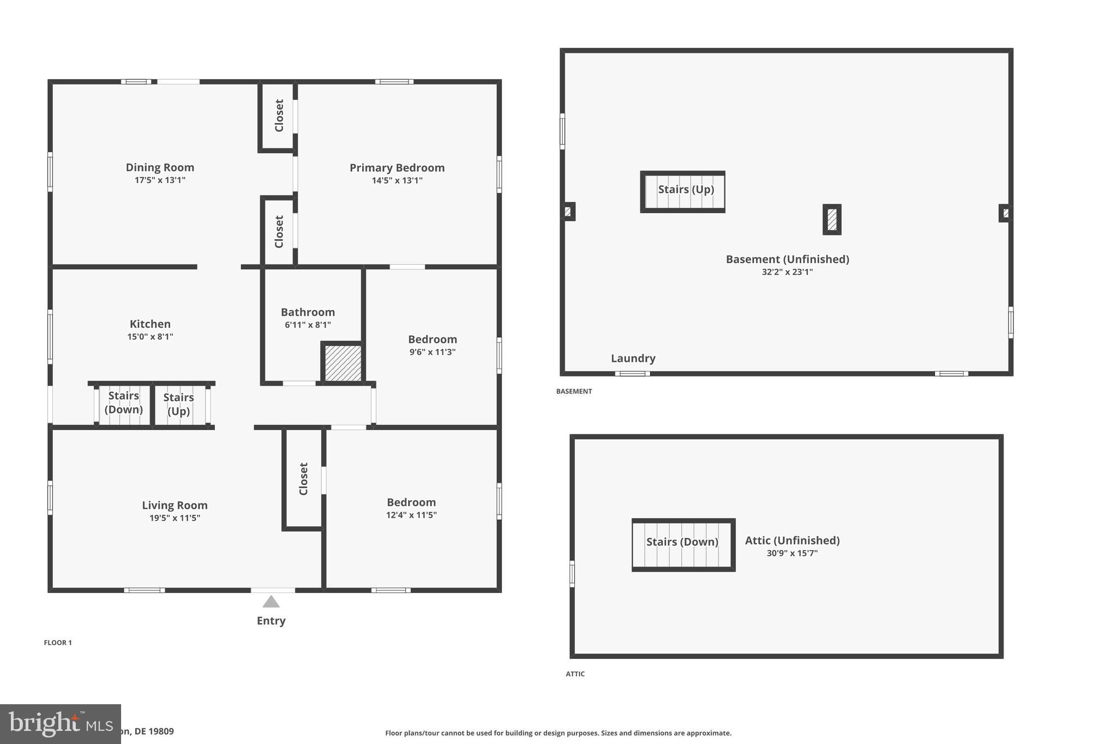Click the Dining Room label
(160, 167)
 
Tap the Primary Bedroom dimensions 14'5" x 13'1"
(397, 180)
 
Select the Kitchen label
(150, 324)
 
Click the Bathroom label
(308, 312)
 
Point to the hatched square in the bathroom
(343, 363)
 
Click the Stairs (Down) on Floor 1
(123, 403)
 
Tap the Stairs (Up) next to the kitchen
(179, 404)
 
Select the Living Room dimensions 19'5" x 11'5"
(175, 518)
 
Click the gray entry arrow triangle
(271, 602)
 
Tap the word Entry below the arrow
(271, 620)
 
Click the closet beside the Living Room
(303, 479)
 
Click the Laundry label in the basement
(633, 358)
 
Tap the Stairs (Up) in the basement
(685, 190)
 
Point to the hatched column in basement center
(832, 220)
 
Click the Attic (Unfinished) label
(792, 540)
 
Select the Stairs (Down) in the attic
(682, 542)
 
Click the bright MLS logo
(60, 724)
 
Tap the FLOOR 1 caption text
(58, 643)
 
